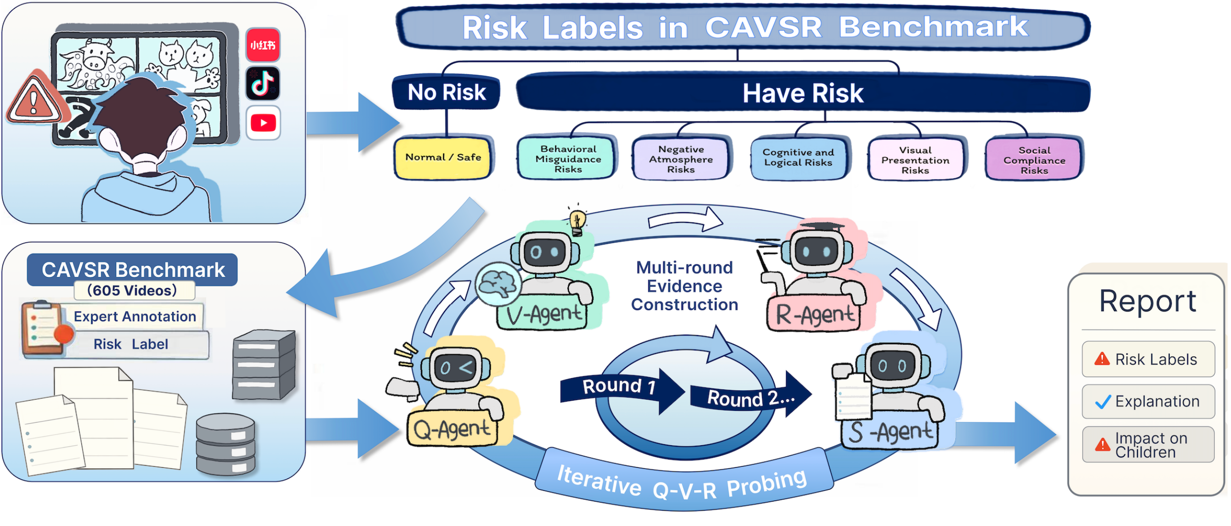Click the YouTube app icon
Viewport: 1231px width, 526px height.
pyautogui.click(x=263, y=122)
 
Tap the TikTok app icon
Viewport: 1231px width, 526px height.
pyautogui.click(x=263, y=83)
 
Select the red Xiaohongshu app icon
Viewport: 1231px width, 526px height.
pyautogui.click(x=263, y=45)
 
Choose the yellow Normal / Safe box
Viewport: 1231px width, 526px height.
pyautogui.click(x=443, y=158)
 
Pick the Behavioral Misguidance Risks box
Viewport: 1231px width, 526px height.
pyautogui.click(x=568, y=158)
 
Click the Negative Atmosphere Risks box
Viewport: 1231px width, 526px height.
pyautogui.click(x=681, y=159)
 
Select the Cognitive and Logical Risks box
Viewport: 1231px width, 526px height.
pyautogui.click(x=798, y=158)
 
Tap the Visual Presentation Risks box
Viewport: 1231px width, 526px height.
pyautogui.click(x=916, y=160)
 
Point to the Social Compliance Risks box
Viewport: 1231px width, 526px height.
pyautogui.click(x=1034, y=160)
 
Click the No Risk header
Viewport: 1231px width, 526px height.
pyautogui.click(x=446, y=92)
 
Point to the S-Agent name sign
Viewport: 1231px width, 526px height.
pyautogui.click(x=889, y=432)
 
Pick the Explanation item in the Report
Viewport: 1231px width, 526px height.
pyautogui.click(x=1148, y=402)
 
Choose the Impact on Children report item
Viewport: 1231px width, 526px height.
pyautogui.click(x=1148, y=445)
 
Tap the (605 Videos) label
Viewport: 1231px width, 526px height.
pyautogui.click(x=132, y=290)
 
